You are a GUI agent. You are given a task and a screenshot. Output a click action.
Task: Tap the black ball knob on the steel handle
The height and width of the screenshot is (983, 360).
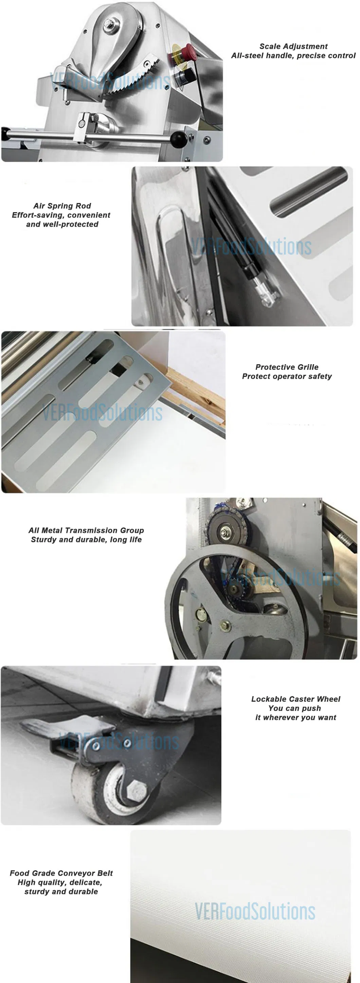click(x=178, y=139)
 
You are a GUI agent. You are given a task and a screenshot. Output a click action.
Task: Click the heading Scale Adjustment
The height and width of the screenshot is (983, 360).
click(x=293, y=47)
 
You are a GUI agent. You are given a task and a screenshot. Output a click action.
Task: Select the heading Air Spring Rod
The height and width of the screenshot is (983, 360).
click(x=62, y=206)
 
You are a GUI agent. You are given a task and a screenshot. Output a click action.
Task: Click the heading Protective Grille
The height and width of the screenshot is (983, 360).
click(x=287, y=367)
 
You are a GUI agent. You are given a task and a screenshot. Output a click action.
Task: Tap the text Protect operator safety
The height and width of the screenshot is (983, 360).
click(x=287, y=376)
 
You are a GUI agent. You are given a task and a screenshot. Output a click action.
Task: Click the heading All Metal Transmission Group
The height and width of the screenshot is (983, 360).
click(x=86, y=531)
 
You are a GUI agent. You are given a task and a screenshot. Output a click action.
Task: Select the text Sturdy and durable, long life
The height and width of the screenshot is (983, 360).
click(x=86, y=540)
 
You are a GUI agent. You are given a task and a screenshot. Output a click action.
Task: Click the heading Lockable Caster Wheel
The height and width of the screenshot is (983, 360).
click(x=295, y=699)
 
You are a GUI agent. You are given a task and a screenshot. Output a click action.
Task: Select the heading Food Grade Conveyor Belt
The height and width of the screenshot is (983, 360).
click(x=61, y=873)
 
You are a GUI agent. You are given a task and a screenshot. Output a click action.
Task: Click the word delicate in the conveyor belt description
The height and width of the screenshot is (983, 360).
click(x=86, y=882)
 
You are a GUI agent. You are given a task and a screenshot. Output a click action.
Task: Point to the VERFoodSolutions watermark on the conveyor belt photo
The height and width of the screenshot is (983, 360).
click(x=255, y=912)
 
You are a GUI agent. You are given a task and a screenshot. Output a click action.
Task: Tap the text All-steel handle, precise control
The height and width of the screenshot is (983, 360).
click(x=293, y=56)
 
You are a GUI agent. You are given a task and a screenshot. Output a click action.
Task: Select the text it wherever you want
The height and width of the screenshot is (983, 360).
click(x=295, y=718)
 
